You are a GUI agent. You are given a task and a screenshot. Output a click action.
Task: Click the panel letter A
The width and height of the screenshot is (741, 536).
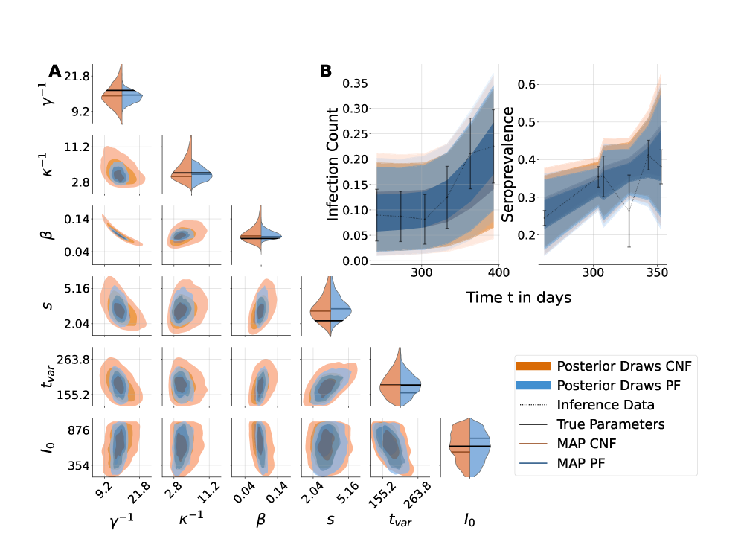coord(55,71)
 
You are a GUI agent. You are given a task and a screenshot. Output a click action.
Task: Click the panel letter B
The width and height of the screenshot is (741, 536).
coord(326,71)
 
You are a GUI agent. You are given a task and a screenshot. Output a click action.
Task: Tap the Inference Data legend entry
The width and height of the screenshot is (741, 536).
coord(605,405)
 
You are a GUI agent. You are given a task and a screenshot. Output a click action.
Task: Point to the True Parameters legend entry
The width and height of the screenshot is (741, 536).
coord(610,424)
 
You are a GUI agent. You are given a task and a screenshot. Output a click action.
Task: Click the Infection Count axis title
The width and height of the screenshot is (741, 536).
coord(333,165)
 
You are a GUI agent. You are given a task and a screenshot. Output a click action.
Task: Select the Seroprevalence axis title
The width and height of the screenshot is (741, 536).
coord(510,165)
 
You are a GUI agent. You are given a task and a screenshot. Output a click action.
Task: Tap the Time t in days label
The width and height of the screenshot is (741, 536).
coord(519,297)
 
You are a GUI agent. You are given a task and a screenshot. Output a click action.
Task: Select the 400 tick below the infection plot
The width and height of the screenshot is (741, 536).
coord(498,272)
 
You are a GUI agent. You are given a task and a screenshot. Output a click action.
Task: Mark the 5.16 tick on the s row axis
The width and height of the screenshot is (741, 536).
coord(76,289)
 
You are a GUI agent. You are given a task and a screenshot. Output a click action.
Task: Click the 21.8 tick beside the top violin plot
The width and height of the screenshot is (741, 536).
coord(76,77)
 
